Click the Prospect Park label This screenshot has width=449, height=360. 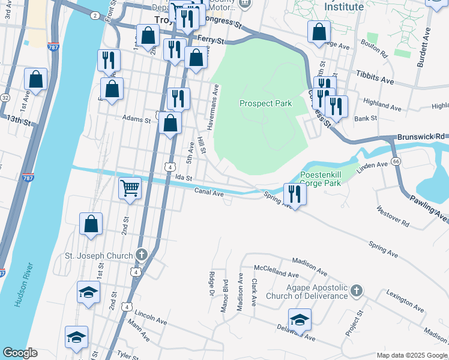(x=265, y=103)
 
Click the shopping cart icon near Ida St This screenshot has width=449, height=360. (x=130, y=188)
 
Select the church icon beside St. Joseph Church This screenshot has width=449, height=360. (x=141, y=255)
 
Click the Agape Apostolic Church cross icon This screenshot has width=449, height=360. (x=357, y=291)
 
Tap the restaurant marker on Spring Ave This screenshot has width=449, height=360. (x=295, y=193)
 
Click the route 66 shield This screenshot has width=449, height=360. (x=396, y=161)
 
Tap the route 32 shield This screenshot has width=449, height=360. (x=5, y=97)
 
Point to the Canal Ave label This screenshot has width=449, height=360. (x=209, y=192)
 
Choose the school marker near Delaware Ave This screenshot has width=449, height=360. (x=300, y=319)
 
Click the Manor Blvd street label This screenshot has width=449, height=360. (x=226, y=295)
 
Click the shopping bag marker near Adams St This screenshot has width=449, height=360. (x=171, y=124)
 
